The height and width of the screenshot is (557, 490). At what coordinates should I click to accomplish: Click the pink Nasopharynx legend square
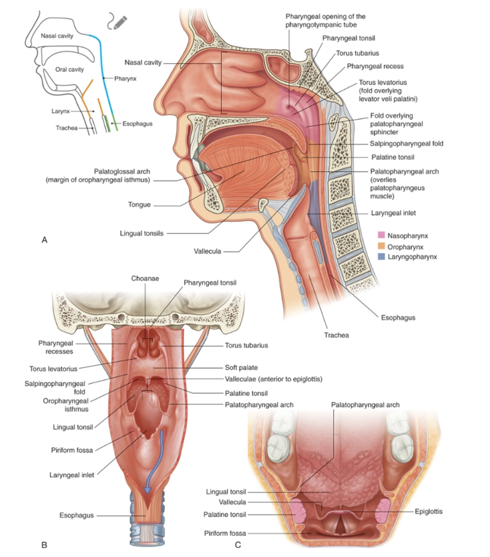381,236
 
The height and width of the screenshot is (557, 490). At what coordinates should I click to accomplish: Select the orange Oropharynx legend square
381,247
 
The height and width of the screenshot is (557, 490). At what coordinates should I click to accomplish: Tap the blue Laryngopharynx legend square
381,256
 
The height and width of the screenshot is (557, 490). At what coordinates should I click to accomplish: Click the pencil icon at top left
118,21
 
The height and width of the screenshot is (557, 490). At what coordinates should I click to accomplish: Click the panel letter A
44,240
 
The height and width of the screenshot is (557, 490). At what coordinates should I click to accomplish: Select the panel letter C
238,545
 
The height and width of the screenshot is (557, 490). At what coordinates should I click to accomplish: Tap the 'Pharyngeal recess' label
375,67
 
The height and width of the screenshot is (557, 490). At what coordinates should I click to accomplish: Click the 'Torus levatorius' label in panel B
53,369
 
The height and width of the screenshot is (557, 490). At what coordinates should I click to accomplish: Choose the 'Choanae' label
145,278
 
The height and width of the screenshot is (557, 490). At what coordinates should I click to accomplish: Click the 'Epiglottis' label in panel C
428,512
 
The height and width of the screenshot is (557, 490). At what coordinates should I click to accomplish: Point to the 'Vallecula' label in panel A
207,251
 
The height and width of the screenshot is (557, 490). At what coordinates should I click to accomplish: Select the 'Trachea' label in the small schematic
66,128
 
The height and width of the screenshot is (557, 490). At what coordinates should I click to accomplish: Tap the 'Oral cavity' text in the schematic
69,69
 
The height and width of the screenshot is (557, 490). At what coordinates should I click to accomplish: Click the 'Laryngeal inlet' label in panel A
393,213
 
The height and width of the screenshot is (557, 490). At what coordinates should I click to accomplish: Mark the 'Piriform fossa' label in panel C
225,533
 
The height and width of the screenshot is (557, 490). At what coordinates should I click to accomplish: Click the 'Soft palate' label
241,368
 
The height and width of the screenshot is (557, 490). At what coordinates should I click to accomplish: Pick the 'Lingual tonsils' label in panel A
141,233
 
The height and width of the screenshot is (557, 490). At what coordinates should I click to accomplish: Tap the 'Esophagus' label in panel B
76,515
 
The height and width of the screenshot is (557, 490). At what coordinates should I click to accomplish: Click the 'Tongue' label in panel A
139,204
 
